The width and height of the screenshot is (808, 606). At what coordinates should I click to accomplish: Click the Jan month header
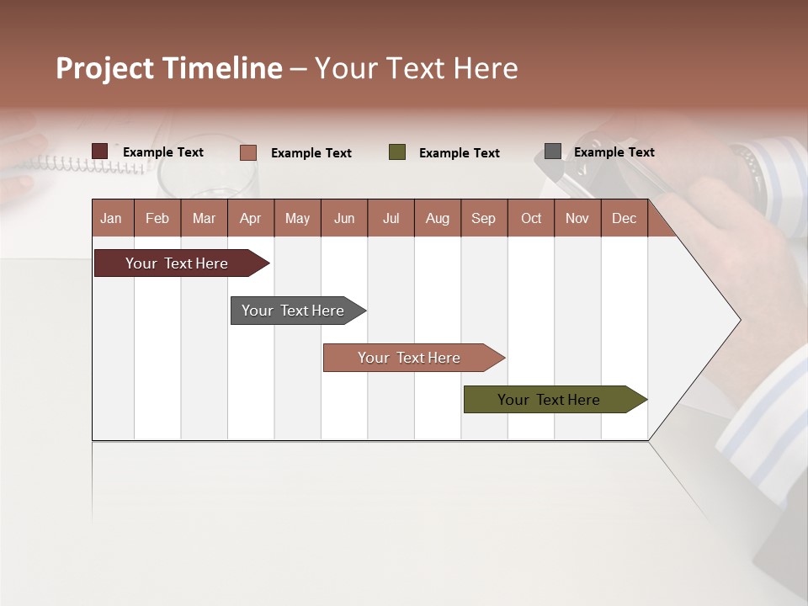111,218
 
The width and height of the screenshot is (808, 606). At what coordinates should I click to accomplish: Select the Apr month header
250,218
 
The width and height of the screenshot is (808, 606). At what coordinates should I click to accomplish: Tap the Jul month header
391,218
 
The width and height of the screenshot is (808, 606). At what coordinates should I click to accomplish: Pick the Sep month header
483,218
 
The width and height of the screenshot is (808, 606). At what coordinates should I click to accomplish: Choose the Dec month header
624,218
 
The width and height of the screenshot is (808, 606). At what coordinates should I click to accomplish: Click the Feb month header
157,218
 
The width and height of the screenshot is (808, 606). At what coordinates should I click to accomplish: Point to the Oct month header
531,218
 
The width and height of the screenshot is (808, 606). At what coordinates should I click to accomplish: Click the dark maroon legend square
100,151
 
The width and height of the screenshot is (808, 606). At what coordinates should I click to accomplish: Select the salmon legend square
247,152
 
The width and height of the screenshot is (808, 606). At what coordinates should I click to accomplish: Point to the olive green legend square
397,152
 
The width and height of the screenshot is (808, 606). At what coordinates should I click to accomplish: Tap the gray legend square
553,151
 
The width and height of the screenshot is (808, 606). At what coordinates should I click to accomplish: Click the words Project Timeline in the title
169,68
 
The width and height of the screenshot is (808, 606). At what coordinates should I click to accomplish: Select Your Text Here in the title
416,68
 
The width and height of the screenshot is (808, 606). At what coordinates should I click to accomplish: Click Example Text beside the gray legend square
614,151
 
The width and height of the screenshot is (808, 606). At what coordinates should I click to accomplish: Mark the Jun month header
344,218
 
